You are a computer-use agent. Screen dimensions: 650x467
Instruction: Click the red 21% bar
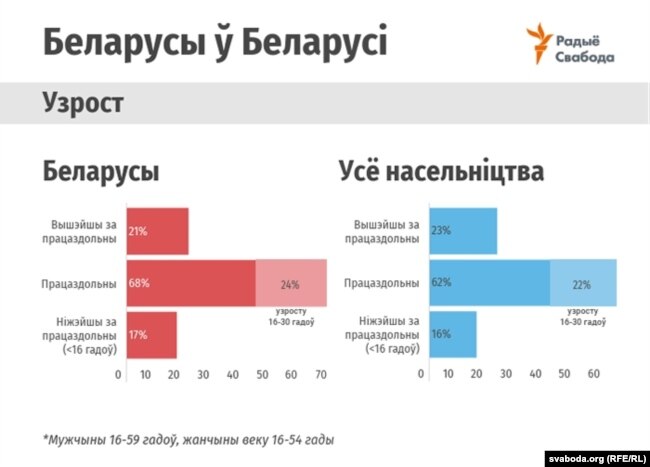click(x=158, y=231)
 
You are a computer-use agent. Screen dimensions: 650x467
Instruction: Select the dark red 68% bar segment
click(x=191, y=283)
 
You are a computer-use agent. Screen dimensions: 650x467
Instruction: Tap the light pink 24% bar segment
click(x=291, y=283)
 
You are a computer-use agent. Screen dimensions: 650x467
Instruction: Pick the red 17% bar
click(x=152, y=335)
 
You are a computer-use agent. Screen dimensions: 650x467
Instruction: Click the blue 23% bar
click(x=463, y=231)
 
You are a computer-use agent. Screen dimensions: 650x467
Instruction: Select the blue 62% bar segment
click(x=490, y=283)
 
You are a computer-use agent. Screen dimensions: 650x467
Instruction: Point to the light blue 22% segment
click(x=583, y=283)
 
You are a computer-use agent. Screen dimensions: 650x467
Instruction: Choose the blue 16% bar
click(x=453, y=334)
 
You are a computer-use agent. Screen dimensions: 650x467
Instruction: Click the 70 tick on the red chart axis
click(x=321, y=375)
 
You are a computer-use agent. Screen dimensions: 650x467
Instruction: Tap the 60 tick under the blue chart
click(x=594, y=374)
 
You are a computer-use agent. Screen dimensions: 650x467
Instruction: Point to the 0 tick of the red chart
click(x=118, y=375)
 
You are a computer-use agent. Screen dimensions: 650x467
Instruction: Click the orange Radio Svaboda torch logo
click(x=539, y=44)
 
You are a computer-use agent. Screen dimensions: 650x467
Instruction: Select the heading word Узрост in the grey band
click(x=83, y=102)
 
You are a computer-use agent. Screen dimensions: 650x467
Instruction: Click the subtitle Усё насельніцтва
click(x=441, y=171)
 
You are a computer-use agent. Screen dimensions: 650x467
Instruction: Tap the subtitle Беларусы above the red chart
click(x=101, y=172)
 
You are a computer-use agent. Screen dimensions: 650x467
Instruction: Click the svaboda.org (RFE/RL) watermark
click(x=597, y=459)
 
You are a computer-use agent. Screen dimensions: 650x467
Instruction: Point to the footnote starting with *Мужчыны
click(x=188, y=440)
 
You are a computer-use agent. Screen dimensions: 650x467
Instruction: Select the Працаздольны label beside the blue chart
click(x=381, y=283)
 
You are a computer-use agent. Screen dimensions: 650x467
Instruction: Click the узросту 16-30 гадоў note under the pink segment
click(x=291, y=316)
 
